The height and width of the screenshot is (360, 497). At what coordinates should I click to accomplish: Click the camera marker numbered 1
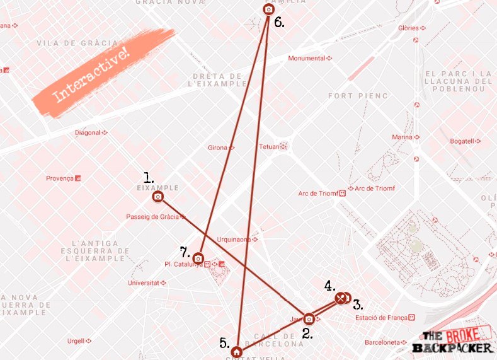point(158,197)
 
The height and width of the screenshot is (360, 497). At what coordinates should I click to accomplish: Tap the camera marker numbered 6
point(269,9)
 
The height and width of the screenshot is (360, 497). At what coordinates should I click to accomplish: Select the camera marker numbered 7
point(198,258)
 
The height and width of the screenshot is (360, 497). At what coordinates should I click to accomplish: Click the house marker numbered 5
point(236,351)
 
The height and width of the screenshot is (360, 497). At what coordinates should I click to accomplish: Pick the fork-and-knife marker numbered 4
point(341,298)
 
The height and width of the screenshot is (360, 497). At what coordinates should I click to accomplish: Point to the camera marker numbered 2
point(309,318)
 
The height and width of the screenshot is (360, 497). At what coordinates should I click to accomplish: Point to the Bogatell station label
point(464,141)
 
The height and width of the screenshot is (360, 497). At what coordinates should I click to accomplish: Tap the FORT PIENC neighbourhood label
point(358,96)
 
